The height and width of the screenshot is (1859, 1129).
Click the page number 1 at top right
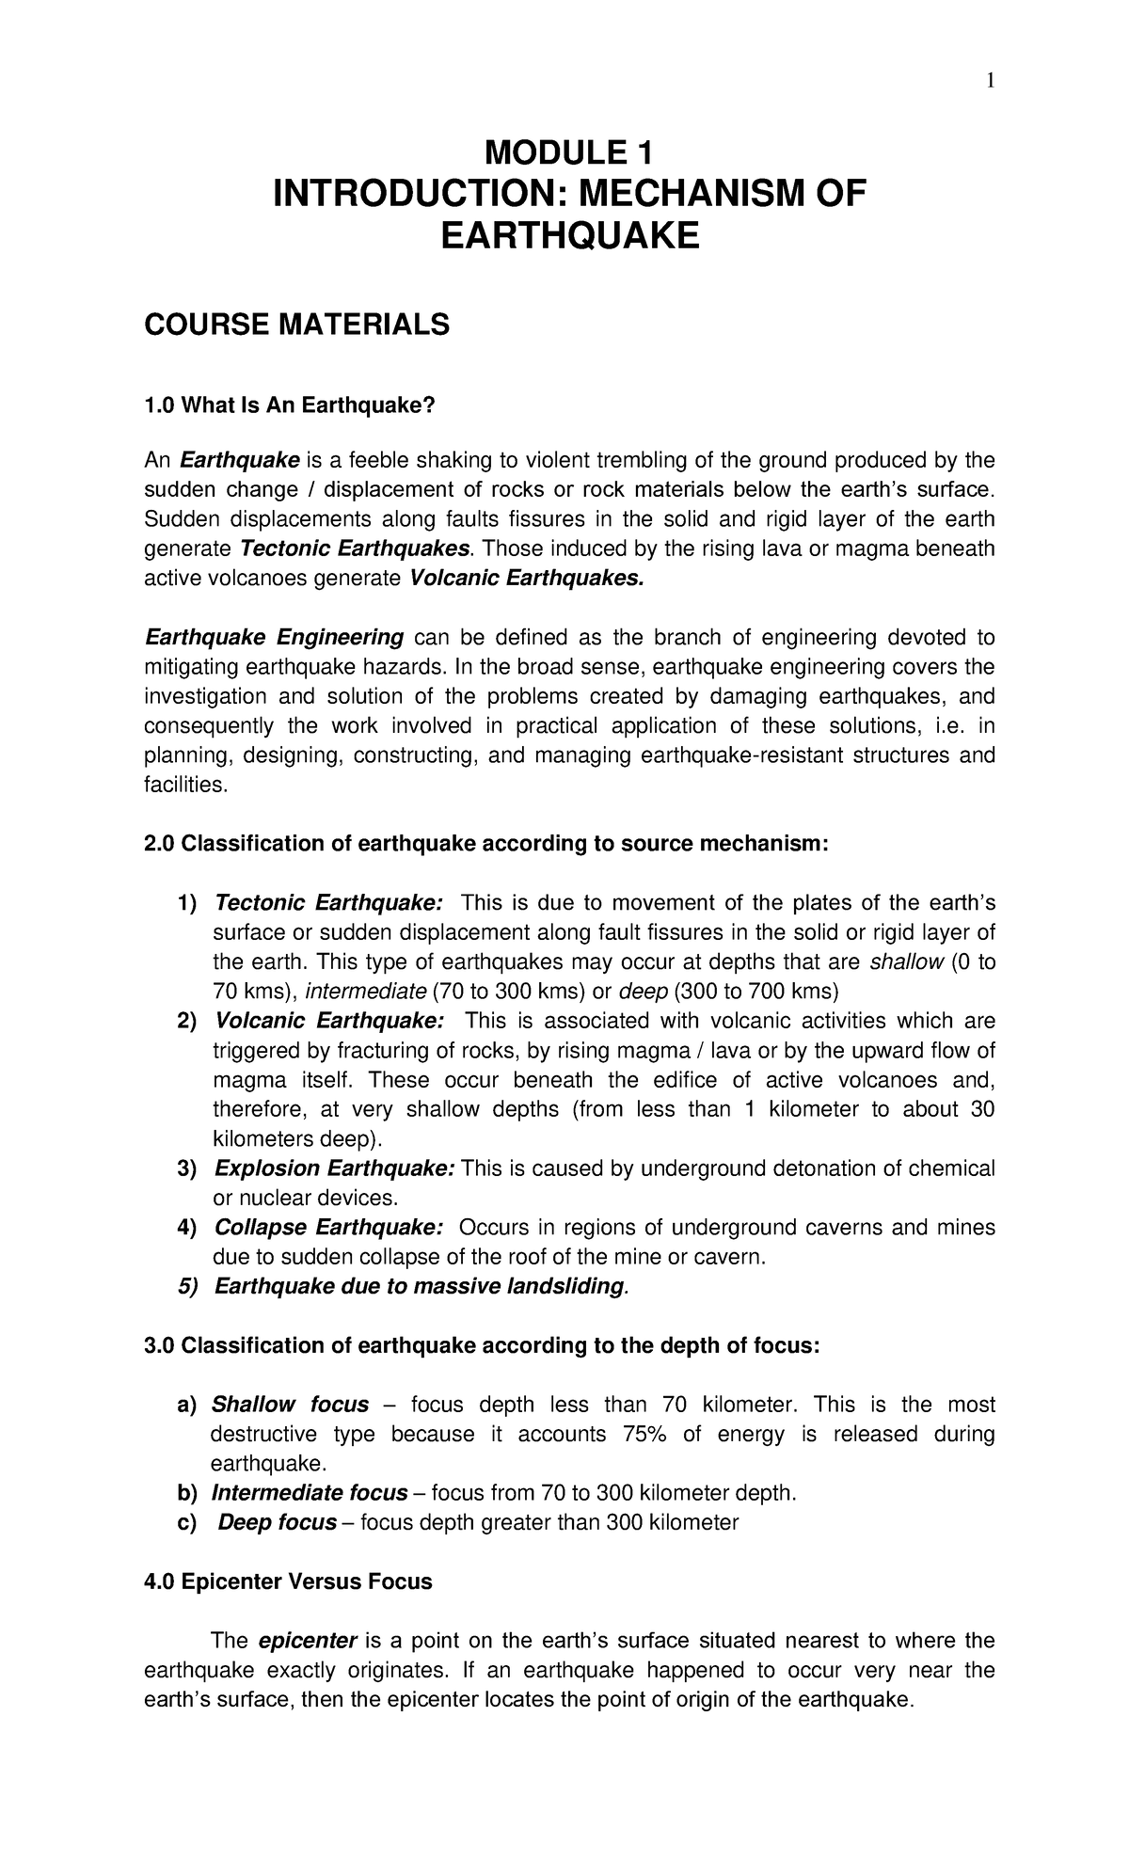[990, 83]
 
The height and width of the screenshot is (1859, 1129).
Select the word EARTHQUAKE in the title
[570, 235]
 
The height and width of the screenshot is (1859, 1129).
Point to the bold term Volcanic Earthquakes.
[529, 579]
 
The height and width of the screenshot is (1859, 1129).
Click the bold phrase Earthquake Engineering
[274, 638]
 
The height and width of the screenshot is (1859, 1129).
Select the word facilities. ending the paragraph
[185, 785]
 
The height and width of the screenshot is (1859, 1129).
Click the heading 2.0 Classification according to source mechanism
[485, 844]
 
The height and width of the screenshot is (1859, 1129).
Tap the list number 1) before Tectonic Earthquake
[187, 903]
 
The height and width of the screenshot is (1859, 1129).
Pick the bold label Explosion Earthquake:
[335, 1168]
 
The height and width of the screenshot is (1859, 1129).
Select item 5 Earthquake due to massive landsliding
[419, 1286]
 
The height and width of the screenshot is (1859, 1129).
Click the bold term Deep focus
[277, 1522]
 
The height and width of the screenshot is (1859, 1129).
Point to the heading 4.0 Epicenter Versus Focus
[288, 1581]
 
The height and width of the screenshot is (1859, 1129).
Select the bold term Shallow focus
[290, 1405]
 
